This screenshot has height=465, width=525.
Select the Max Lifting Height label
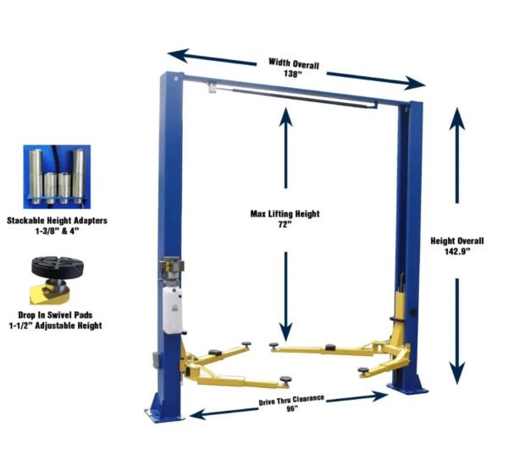coord(285,214)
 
